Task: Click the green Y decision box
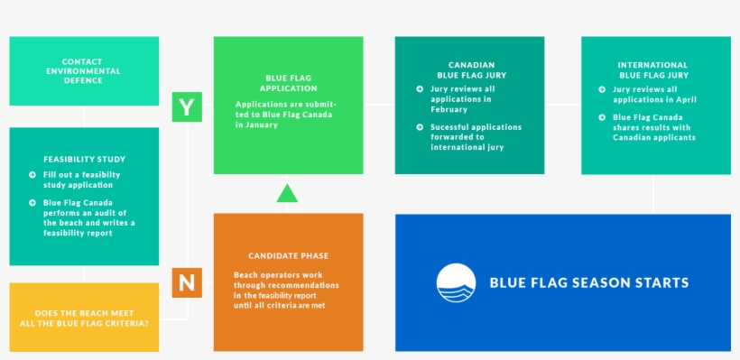click(186, 107)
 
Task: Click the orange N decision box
click(186, 282)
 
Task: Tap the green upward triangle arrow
click(287, 192)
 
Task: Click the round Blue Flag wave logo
click(456, 282)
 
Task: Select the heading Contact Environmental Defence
click(83, 70)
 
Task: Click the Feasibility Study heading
click(84, 159)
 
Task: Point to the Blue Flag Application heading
click(288, 83)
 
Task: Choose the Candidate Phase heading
click(288, 255)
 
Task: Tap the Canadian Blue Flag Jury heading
click(470, 70)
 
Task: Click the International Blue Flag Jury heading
click(653, 70)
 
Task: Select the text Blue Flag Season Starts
click(588, 282)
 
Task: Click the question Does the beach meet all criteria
click(83, 318)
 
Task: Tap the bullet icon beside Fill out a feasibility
click(32, 175)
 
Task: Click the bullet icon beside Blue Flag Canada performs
click(32, 203)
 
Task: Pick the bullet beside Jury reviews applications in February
click(420, 89)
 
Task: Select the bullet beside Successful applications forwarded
click(420, 127)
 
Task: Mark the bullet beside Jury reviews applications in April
click(602, 89)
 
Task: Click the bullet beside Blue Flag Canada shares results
click(602, 117)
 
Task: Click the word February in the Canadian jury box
click(449, 109)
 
